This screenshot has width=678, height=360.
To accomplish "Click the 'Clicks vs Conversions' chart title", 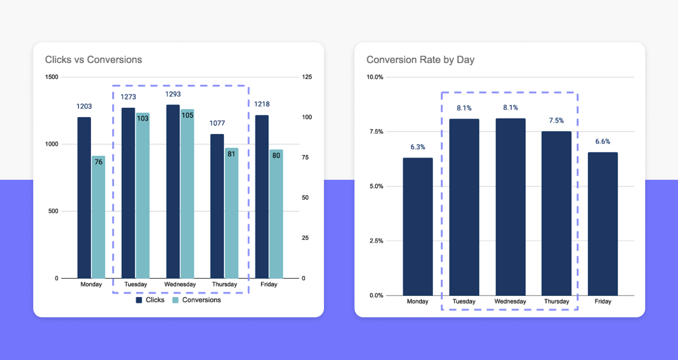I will pyautogui.click(x=93, y=60).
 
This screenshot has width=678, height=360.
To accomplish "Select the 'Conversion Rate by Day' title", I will pyautogui.click(x=420, y=60).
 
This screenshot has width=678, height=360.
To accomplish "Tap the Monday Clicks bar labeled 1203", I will pyautogui.click(x=84, y=198).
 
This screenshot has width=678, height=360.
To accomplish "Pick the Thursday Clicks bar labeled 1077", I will pyautogui.click(x=217, y=207).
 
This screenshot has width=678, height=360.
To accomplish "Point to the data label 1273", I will pyautogui.click(x=128, y=97).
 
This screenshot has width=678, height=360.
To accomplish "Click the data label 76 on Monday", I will pyautogui.click(x=98, y=162).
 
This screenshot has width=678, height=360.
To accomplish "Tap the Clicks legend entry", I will pyautogui.click(x=151, y=300).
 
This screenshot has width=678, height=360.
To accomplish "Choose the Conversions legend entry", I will pyautogui.click(x=197, y=300).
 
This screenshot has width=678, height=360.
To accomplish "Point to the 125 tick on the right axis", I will pyautogui.click(x=307, y=77).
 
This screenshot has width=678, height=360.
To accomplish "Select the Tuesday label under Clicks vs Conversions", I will pyautogui.click(x=135, y=284).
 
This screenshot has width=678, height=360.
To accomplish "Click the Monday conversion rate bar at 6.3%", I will pyautogui.click(x=418, y=227).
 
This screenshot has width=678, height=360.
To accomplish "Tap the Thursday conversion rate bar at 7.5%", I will pyautogui.click(x=556, y=213).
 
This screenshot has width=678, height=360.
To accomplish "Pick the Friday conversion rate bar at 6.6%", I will pyautogui.click(x=603, y=224).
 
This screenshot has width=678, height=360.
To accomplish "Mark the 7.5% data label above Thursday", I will pyautogui.click(x=556, y=121).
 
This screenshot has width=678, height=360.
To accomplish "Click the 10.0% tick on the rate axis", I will pyautogui.click(x=376, y=77).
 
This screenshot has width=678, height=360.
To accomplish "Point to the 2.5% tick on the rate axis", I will pyautogui.click(x=376, y=241).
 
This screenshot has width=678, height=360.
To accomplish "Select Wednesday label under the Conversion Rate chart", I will pyautogui.click(x=510, y=302).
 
